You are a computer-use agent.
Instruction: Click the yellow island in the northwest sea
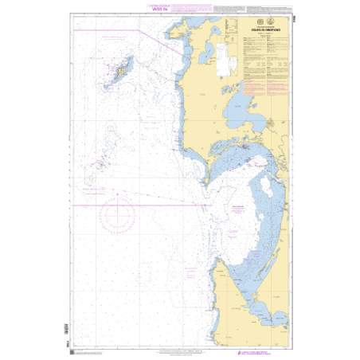pos(123,72)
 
